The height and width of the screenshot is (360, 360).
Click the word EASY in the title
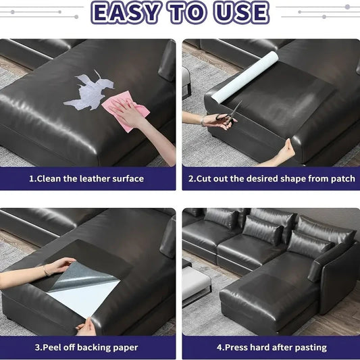pyautogui.click(x=126, y=12)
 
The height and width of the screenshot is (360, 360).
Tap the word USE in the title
pyautogui.click(x=241, y=12)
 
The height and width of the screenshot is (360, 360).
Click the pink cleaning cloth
pyautogui.click(x=126, y=111)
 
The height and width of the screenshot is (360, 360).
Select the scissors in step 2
pyautogui.click(x=229, y=115)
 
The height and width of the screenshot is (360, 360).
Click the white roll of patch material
pyautogui.click(x=245, y=78)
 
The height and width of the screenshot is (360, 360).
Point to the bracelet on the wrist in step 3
pyautogui.click(x=46, y=271)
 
